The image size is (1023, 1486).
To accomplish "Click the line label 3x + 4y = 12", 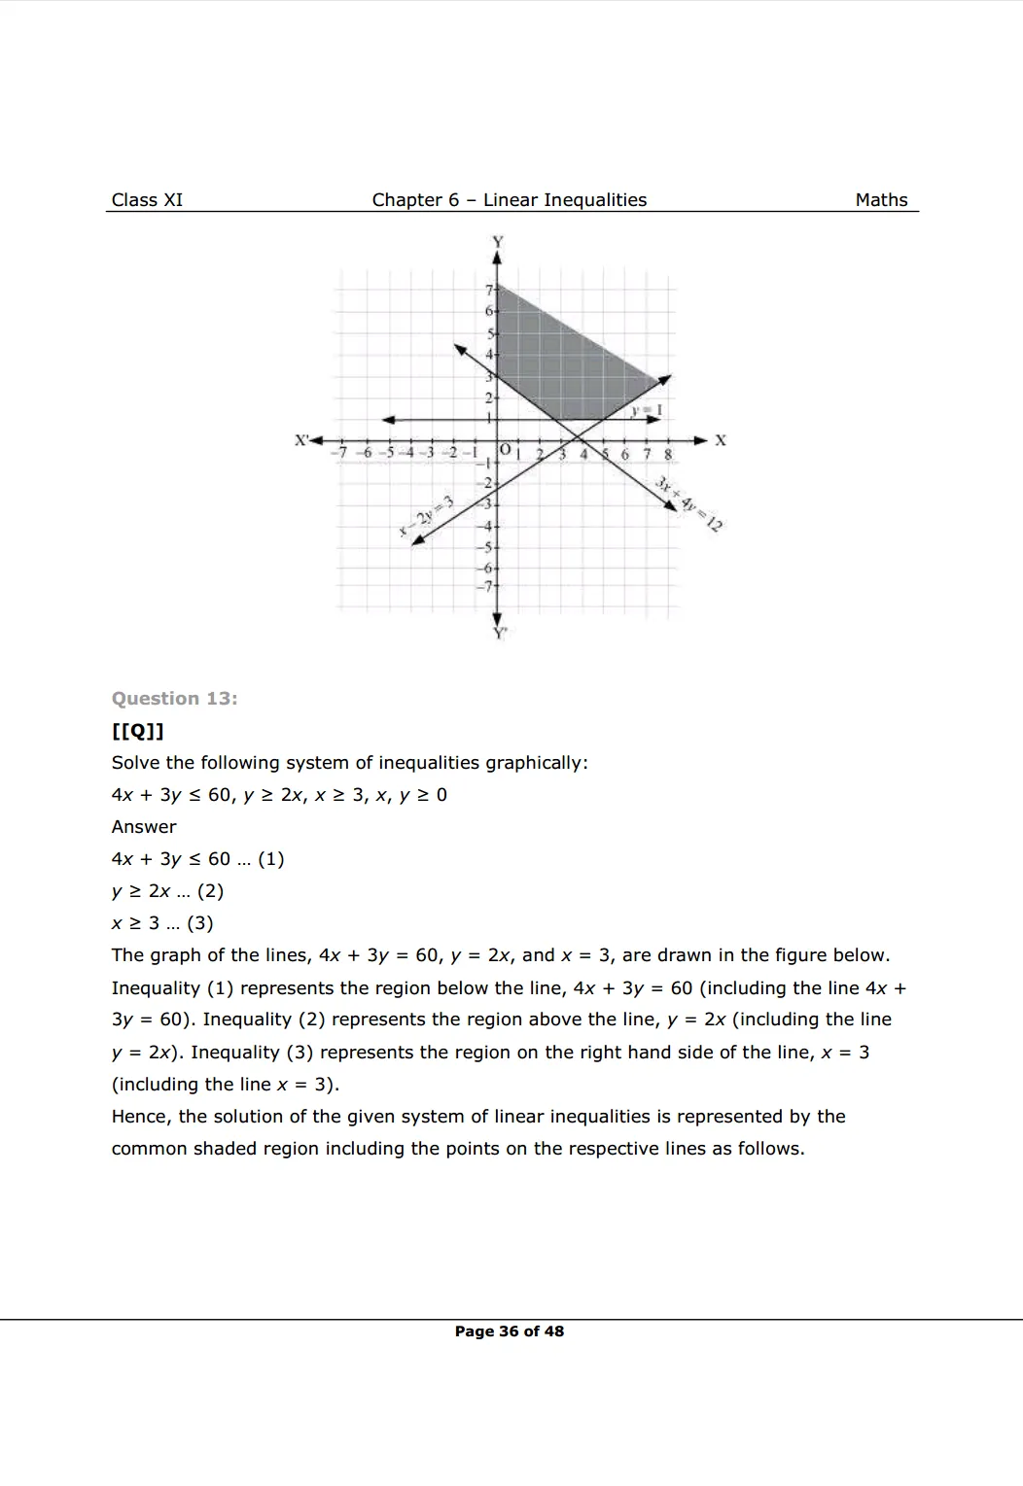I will pos(689,504).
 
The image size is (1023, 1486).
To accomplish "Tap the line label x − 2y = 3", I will pos(427,514).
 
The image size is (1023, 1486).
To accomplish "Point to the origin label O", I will pos(505,450).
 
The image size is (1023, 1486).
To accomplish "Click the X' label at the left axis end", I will pos(302,440).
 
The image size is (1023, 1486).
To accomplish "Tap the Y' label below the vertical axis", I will pos(499,633).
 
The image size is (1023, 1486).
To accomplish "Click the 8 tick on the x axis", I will pos(668,454).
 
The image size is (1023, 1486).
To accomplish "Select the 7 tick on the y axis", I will pos(488,290).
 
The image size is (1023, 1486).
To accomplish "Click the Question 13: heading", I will pos(174,699).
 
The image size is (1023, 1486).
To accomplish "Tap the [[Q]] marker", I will pos(137,731).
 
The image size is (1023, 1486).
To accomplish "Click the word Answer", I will pos(144,827).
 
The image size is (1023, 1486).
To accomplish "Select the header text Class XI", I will pos(147,200).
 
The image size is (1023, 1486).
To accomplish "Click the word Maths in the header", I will pos(881,200).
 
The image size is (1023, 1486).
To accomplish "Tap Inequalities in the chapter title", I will pos(594,200).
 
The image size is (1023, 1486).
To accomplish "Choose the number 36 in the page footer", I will pos(509,1331).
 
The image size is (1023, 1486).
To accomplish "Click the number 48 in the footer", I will pos(553,1331).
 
